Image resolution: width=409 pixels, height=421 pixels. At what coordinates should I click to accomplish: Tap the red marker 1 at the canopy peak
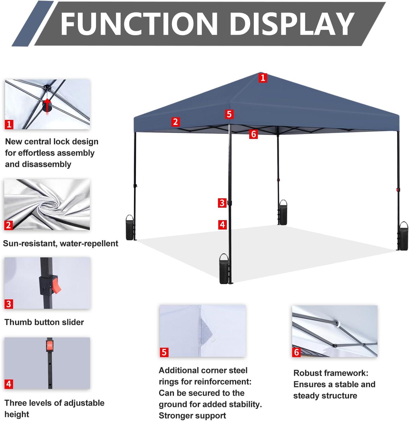click(263, 78)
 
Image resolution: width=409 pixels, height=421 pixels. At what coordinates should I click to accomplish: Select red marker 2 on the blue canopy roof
click(175, 122)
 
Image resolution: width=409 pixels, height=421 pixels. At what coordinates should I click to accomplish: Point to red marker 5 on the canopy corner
click(229, 114)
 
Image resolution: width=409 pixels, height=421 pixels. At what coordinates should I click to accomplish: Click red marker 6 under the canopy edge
click(254, 134)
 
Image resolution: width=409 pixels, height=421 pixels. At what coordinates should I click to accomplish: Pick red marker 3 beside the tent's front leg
click(222, 203)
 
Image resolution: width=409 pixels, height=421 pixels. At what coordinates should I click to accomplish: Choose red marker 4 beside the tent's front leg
click(222, 225)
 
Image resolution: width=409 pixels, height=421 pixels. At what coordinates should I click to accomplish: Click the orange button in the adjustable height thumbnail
click(50, 346)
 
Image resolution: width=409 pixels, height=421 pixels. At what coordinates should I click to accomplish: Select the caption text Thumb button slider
click(44, 322)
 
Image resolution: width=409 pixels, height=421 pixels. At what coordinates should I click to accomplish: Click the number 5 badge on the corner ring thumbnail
click(164, 352)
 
